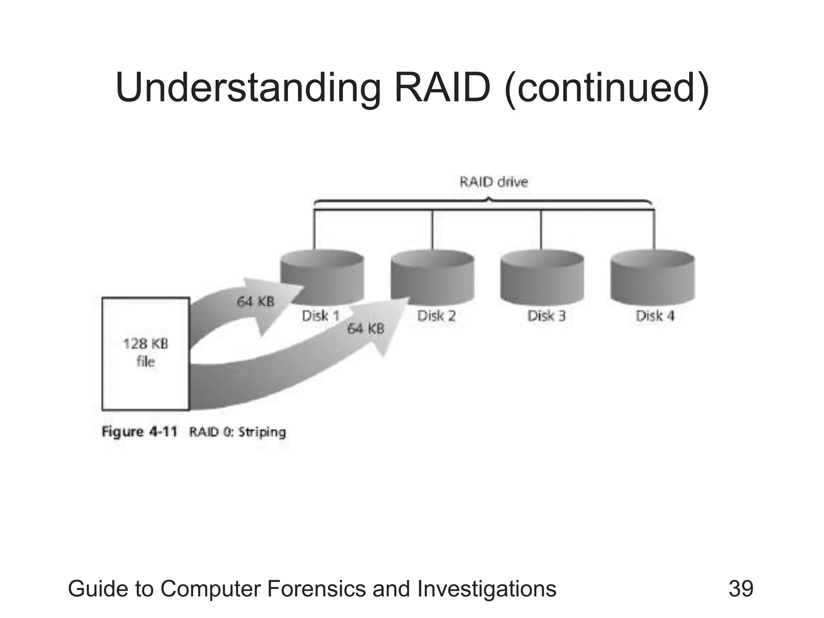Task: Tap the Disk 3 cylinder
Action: [x=542, y=278]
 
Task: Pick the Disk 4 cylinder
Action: [x=652, y=278]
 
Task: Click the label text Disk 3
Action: [x=546, y=316]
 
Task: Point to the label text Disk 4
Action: [x=655, y=316]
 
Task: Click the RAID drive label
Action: [x=494, y=182]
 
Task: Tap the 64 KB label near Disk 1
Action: [x=255, y=301]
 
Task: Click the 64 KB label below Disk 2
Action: [x=366, y=329]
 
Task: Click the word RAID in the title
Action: [x=442, y=88]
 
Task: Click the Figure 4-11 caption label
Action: [x=139, y=432]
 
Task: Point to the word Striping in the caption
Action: [x=262, y=432]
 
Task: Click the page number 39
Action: [x=741, y=589]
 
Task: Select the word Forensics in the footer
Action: [x=316, y=589]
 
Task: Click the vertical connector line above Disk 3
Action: [x=541, y=229]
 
